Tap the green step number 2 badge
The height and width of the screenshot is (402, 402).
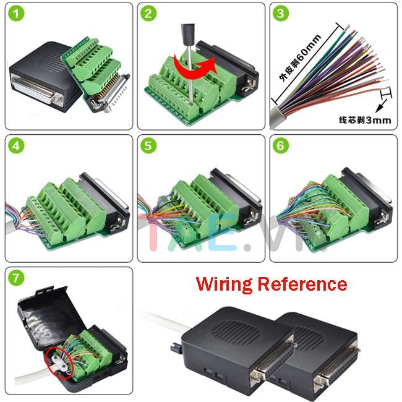[149, 15]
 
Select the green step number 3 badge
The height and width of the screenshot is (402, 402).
[281, 15]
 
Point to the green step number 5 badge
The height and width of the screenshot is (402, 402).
[149, 147]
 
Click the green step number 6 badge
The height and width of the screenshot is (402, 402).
[281, 147]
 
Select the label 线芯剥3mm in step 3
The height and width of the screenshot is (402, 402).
[364, 120]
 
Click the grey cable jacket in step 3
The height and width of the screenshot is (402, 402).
[284, 114]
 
